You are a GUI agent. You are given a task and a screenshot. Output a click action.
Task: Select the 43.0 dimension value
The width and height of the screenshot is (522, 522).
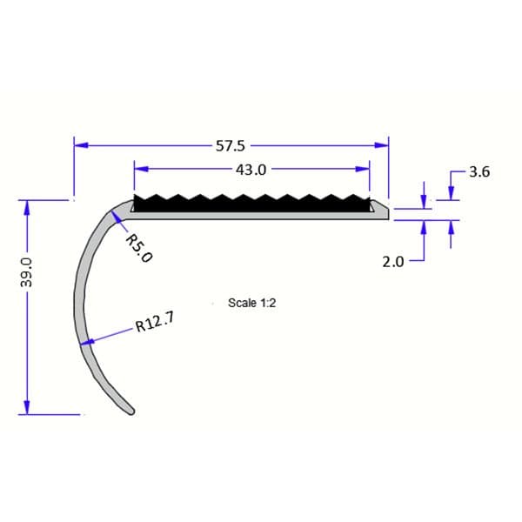[250, 170]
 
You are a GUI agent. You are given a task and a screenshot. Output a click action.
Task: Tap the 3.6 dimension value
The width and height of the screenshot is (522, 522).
[479, 172]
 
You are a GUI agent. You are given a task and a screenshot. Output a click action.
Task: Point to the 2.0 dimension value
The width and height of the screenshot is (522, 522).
[393, 260]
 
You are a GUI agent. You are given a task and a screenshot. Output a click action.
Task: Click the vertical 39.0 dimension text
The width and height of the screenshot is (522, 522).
[27, 272]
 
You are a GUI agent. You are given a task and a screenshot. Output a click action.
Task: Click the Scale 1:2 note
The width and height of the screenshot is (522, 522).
[251, 303]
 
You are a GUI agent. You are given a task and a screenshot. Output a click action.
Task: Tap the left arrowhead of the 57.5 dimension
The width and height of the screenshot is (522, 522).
[79, 145]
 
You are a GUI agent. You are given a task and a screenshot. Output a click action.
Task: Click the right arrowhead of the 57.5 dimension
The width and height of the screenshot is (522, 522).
[383, 145]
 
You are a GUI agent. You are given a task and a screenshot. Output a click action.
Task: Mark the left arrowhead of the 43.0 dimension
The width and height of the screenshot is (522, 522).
[138, 170]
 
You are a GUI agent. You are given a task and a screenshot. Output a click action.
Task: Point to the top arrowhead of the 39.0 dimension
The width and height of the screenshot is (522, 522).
[27, 206]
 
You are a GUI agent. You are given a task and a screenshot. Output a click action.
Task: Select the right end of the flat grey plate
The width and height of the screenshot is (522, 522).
[385, 211]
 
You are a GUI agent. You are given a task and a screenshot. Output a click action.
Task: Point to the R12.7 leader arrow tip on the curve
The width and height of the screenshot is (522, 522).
[84, 344]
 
